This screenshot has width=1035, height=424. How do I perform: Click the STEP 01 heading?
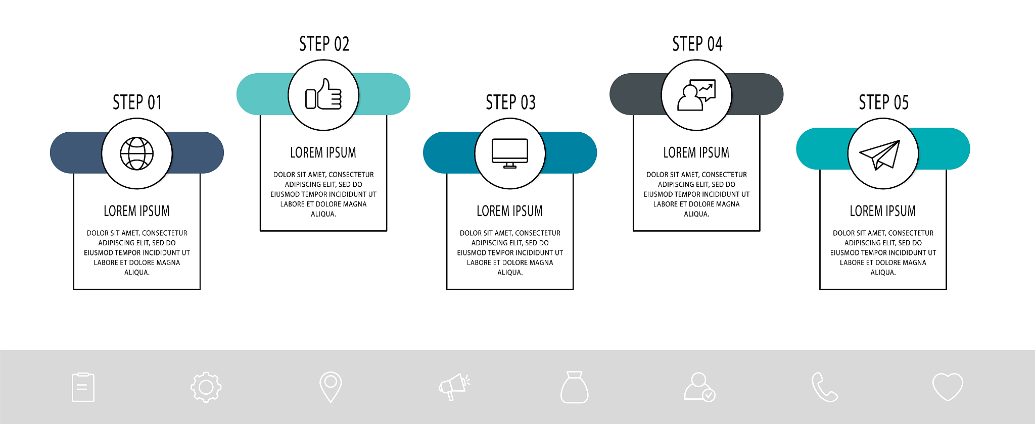point(137,102)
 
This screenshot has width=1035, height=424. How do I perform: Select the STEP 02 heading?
point(324,44)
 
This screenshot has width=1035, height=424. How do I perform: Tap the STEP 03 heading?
point(510,102)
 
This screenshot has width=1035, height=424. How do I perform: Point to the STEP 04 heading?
point(697,44)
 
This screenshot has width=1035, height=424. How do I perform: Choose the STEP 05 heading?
point(883,102)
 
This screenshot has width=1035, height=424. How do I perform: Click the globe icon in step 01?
point(137,153)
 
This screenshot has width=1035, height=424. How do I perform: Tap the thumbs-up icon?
point(323,94)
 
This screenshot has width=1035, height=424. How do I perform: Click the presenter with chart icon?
point(696,95)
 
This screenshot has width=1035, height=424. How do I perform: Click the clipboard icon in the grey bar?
point(83,387)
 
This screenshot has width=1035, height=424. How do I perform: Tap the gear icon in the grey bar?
point(206,387)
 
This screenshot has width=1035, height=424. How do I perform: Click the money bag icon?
point(575,387)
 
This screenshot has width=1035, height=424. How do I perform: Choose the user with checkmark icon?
point(700,387)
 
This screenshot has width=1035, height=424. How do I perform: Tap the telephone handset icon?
point(824,387)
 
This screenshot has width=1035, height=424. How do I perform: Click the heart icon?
point(948,387)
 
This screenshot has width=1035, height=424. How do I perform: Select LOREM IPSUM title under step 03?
point(510,211)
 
